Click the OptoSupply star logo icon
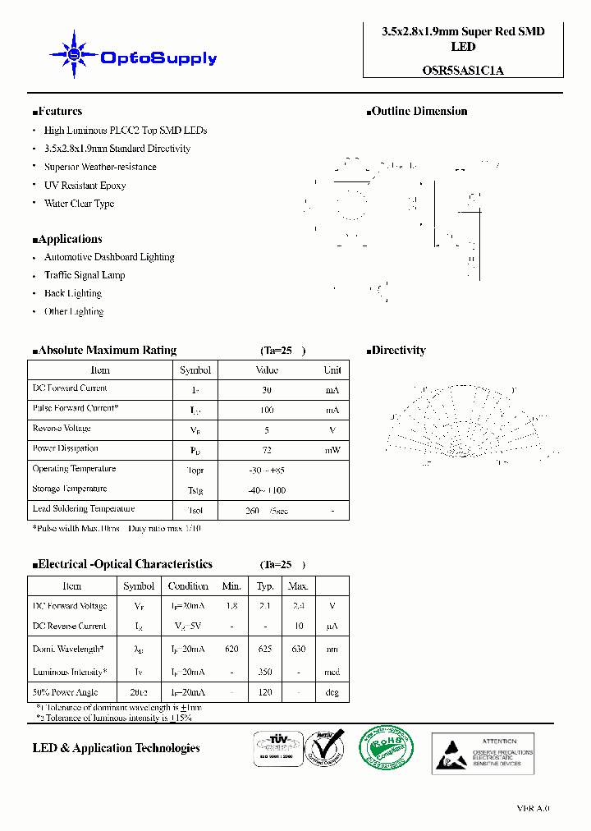[73, 55]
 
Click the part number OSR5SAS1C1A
[463, 71]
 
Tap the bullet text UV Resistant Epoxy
[85, 186]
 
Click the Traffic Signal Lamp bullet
[85, 275]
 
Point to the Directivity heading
[396, 351]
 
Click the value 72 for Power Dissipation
[267, 450]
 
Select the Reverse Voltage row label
[62, 429]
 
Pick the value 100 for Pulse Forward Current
[267, 410]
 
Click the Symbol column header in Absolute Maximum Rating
[195, 370]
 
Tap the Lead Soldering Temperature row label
[83, 509]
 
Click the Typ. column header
[265, 586]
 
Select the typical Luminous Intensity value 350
[265, 672]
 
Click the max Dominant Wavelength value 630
[298, 649]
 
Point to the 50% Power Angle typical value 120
[265, 693]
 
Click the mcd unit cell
[332, 672]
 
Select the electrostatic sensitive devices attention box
[482, 753]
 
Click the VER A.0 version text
[533, 809]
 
